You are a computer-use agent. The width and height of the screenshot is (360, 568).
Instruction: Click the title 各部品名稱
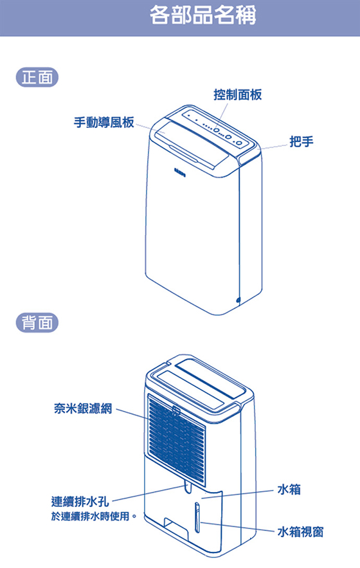pyautogui.click(x=203, y=15)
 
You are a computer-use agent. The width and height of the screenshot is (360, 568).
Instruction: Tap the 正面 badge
pyautogui.click(x=37, y=77)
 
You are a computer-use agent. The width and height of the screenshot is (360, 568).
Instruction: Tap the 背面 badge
pyautogui.click(x=37, y=322)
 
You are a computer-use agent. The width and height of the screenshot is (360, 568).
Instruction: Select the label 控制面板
pyautogui.click(x=238, y=95)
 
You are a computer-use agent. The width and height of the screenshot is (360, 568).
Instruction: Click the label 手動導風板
pyautogui.click(x=104, y=122)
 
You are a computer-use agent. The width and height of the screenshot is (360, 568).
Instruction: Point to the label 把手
pyautogui.click(x=301, y=142)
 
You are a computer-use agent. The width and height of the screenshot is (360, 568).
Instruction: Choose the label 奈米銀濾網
pyautogui.click(x=83, y=408)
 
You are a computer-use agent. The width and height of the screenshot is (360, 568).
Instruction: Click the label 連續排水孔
pyautogui.click(x=80, y=501)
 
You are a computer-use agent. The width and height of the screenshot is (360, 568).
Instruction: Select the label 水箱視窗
pyautogui.click(x=300, y=532)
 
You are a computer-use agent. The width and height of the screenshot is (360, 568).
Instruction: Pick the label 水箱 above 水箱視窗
pyautogui.click(x=289, y=490)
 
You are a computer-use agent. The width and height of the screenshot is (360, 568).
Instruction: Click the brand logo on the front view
pyautogui.click(x=179, y=170)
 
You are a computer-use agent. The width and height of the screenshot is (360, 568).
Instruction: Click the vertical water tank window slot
pyautogui.click(x=197, y=517)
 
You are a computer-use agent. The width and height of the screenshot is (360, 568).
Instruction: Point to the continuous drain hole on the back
pyautogui.click(x=188, y=486)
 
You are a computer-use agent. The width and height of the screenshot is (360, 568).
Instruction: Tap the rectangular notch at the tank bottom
pyautogui.click(x=176, y=527)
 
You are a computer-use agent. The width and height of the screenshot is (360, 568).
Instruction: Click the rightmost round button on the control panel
pyautogui.click(x=239, y=143)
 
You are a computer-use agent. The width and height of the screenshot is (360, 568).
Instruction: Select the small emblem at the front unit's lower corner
pyautogui.click(x=238, y=300)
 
